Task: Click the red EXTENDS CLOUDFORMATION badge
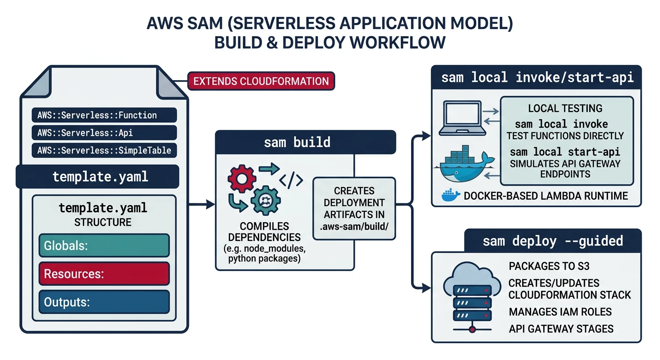261,81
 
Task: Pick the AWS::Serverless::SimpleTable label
104,150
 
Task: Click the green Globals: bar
103,246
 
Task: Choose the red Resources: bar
103,273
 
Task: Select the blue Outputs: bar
103,302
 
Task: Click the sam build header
305,142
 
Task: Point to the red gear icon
241,179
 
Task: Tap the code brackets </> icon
291,180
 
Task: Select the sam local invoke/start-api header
537,77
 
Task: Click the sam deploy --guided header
553,241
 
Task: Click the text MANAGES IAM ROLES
560,312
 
